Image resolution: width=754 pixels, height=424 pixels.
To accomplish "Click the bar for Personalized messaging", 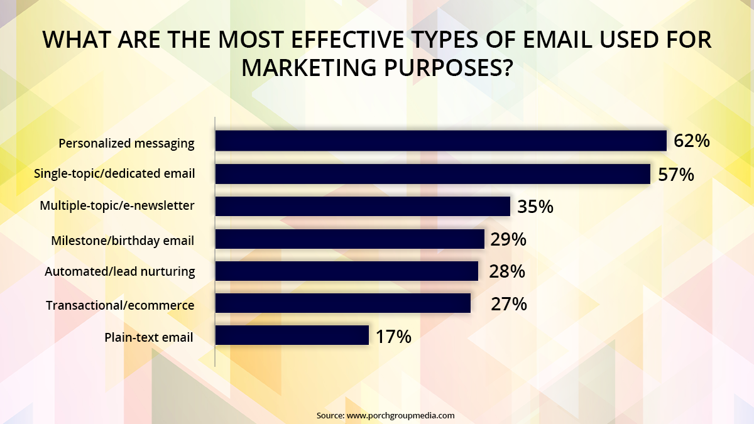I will (440, 141).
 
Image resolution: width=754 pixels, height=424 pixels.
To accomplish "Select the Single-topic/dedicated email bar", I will (432, 173).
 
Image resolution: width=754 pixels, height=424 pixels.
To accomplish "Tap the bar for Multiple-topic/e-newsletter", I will (363, 206).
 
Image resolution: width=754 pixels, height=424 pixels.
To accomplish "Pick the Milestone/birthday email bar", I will (350, 239).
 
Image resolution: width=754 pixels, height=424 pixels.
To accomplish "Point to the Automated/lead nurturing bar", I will (347, 271).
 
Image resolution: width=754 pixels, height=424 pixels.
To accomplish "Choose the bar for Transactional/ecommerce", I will (343, 303).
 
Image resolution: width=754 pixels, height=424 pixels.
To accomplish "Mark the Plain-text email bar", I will (292, 335).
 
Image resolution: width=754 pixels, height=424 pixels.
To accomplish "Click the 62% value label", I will (691, 141).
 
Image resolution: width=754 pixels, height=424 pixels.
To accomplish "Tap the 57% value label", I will (676, 174).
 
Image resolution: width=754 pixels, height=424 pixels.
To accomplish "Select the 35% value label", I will (535, 206).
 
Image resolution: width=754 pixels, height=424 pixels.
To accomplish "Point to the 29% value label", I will (508, 239).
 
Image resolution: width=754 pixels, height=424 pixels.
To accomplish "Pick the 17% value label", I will (393, 337).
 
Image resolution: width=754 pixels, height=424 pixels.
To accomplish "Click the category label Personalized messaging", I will (126, 143).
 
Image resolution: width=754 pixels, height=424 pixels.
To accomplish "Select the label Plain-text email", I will (148, 337).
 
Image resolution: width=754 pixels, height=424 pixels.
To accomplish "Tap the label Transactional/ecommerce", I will (120, 305).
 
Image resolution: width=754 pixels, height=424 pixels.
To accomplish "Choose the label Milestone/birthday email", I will (122, 240).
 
